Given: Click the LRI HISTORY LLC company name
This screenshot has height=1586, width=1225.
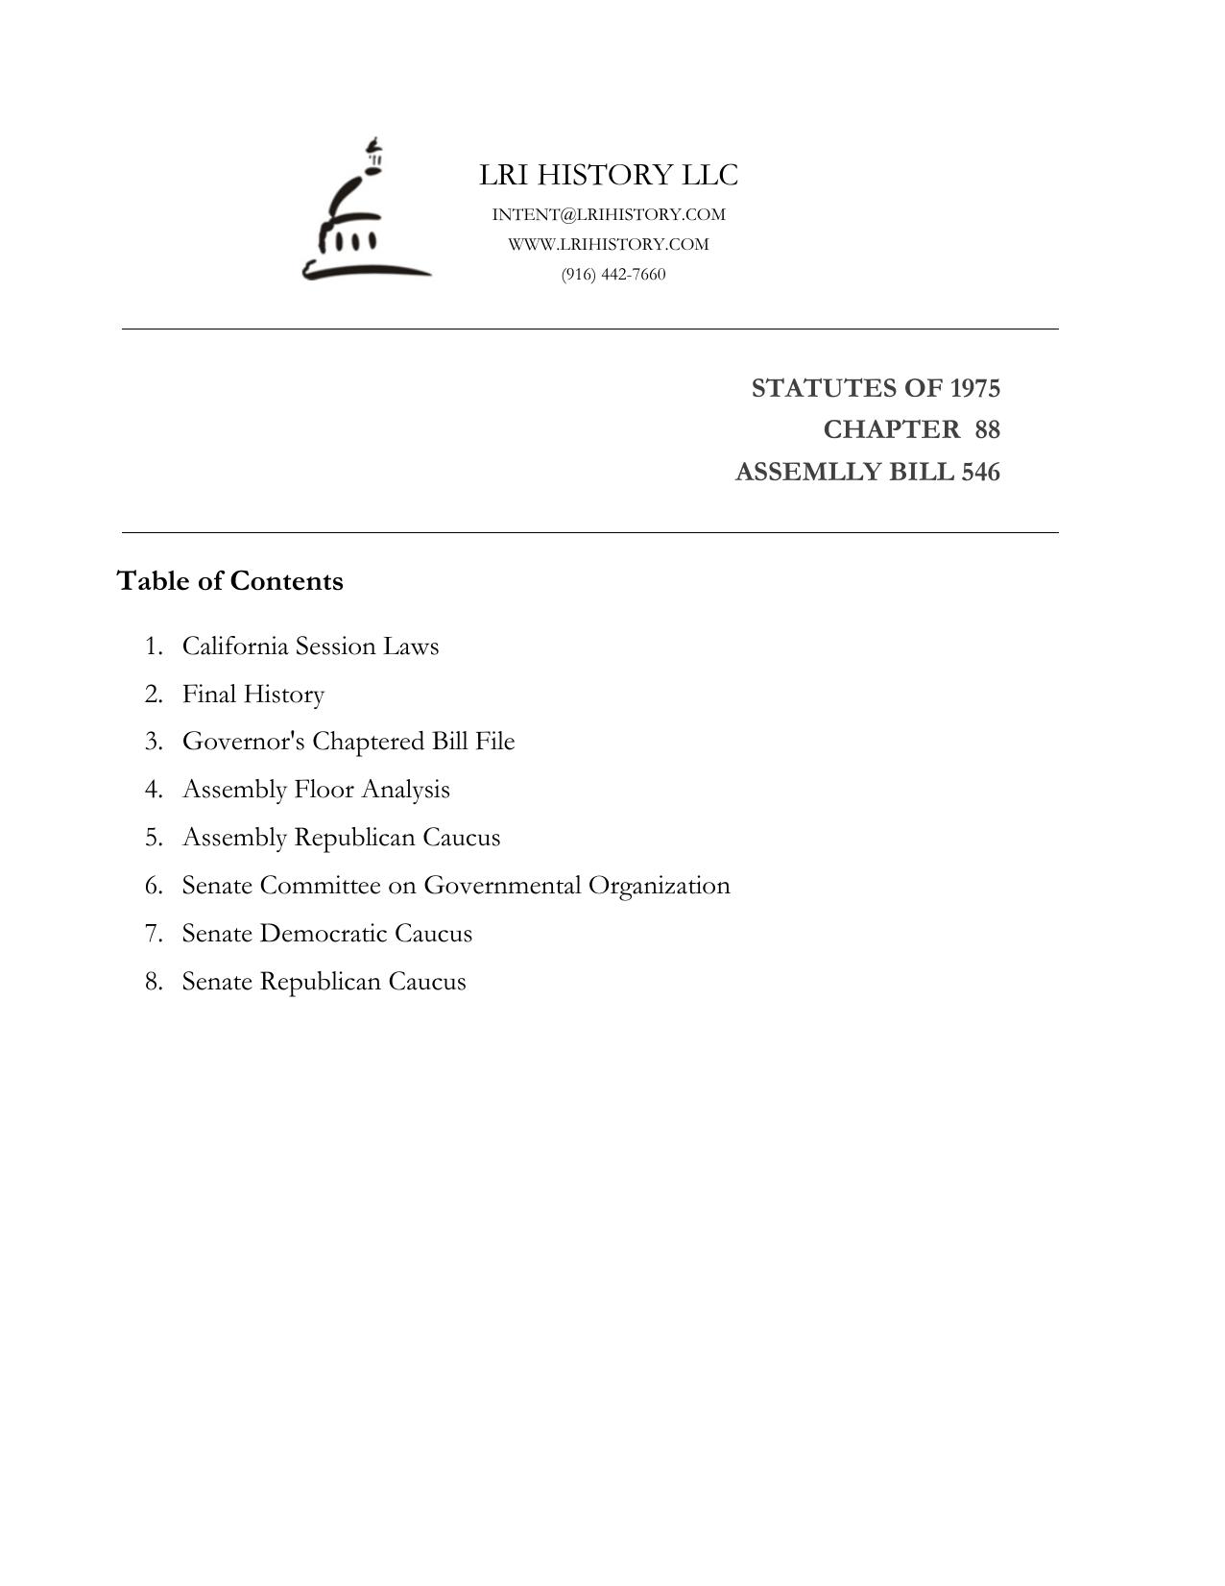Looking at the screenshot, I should click(609, 176).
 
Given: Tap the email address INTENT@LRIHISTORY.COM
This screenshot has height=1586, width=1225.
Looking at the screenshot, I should click(609, 214).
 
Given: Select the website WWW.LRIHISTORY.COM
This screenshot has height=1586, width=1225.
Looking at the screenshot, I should click(609, 244).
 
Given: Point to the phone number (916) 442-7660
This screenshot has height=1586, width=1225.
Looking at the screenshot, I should click(613, 275).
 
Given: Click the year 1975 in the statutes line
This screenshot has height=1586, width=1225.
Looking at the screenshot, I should click(974, 389).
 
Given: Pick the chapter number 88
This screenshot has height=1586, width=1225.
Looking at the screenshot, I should click(987, 429).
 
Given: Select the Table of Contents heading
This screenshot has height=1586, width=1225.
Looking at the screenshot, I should click(229, 581).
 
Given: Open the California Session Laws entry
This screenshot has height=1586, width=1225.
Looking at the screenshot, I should click(310, 647).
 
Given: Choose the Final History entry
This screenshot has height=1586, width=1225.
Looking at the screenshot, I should click(253, 695).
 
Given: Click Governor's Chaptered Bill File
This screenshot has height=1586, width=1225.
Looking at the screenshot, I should click(348, 742).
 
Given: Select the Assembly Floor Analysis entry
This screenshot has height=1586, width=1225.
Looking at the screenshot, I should click(316, 790).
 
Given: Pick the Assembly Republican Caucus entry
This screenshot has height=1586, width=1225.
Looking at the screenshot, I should click(341, 838).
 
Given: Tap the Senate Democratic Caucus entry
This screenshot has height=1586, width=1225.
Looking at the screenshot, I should click(327, 934).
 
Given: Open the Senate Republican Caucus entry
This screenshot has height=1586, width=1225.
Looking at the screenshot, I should click(324, 982).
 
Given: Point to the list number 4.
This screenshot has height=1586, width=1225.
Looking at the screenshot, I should click(154, 790).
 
